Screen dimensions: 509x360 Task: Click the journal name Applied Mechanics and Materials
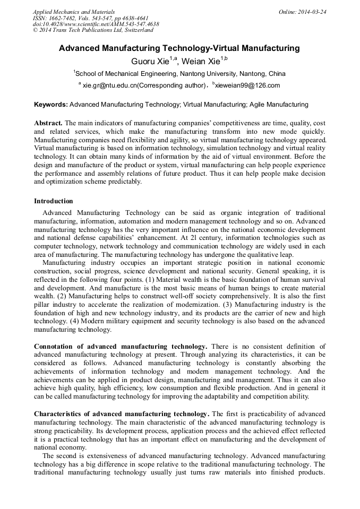coord(74,12)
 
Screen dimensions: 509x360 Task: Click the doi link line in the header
coord(96,24)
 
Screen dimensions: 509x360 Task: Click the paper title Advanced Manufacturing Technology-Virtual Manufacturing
coord(179,48)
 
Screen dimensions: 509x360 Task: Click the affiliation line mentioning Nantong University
coord(180,74)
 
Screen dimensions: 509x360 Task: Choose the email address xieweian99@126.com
coord(247,85)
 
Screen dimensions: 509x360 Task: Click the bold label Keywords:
coord(50,105)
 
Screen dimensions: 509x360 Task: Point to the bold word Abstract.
coord(48,122)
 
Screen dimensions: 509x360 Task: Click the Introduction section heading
coord(54,201)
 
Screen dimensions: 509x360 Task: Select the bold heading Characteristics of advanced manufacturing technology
coord(122,413)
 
